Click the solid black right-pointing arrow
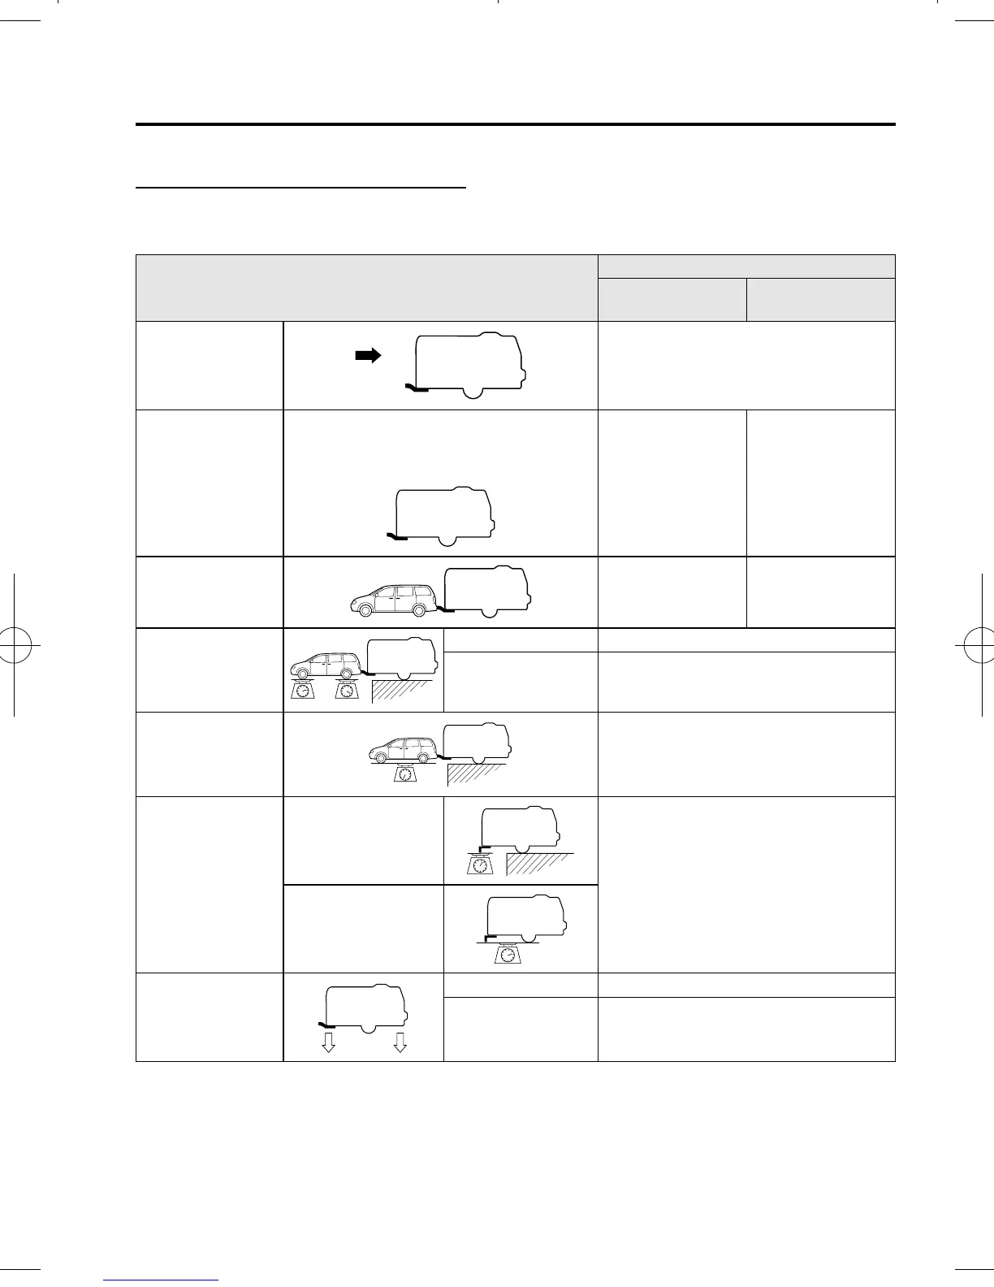(x=368, y=356)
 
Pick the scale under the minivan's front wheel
(x=302, y=691)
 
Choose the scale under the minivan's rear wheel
(x=347, y=691)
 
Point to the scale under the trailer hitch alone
(x=480, y=865)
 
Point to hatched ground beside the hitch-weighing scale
(x=539, y=864)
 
